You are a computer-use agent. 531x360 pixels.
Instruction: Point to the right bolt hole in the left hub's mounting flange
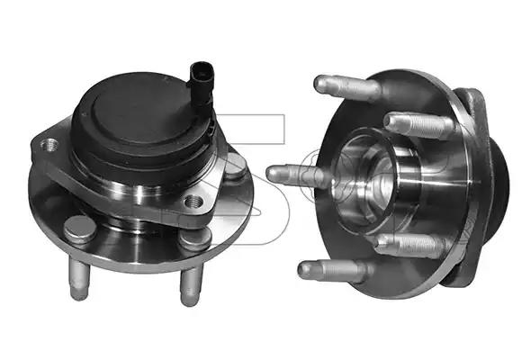pyautogui.click(x=191, y=201)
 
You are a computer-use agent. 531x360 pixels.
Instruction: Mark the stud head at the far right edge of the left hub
pyautogui.click(x=236, y=167)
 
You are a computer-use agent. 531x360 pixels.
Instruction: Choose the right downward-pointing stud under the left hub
pyautogui.click(x=190, y=287)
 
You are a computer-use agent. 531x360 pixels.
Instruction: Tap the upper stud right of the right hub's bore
pyautogui.click(x=418, y=125)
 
